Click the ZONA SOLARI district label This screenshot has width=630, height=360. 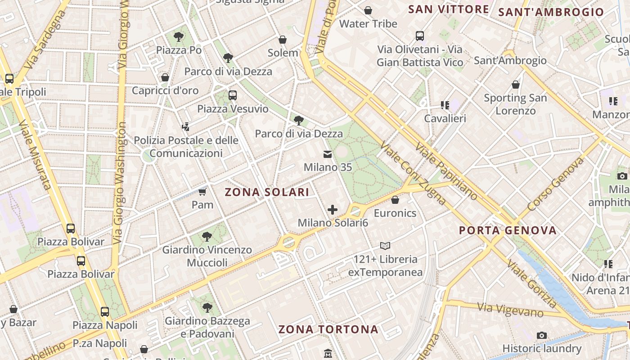tap(267, 192)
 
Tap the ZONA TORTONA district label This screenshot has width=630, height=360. tap(328, 329)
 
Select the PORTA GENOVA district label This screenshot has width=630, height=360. tap(508, 230)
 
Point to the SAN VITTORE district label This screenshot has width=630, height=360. tap(448, 9)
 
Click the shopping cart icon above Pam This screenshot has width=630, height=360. tap(202, 192)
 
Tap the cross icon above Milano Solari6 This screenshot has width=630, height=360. tap(333, 210)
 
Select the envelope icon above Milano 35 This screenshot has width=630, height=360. tap(328, 155)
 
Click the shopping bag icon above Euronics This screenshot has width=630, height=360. tap(395, 200)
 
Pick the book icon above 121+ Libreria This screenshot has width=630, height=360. tap(385, 246)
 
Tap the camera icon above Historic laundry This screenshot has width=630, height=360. tap(542, 335)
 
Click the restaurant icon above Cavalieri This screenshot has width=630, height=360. tap(445, 105)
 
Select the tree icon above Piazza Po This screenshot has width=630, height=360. tap(179, 37)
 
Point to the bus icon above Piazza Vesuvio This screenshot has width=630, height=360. tap(232, 95)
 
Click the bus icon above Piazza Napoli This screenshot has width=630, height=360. tap(105, 311)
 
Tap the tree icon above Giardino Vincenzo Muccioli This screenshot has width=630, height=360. tap(207, 236)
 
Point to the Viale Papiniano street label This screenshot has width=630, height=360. tap(446, 171)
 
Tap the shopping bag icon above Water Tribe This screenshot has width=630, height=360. tap(368, 10)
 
